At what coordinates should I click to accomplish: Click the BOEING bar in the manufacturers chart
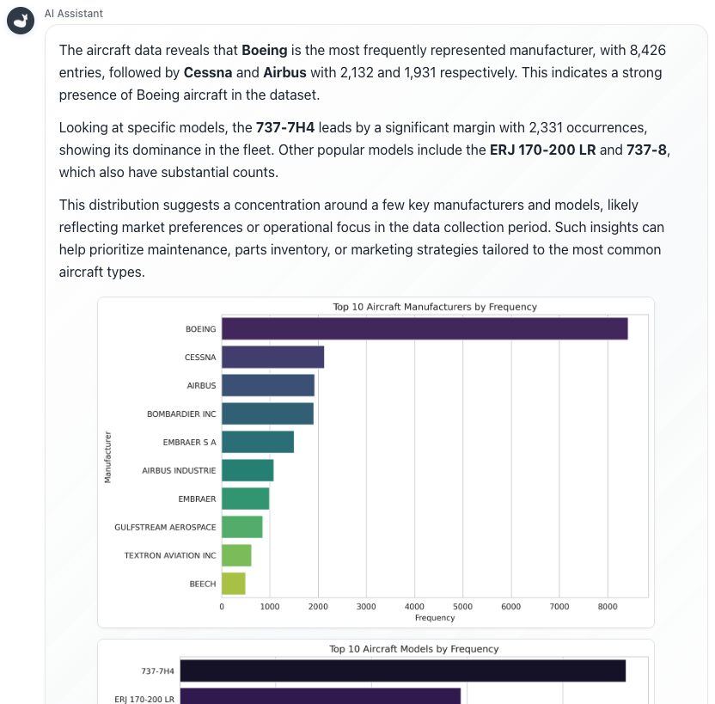(425, 329)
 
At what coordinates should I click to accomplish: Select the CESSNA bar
(272, 357)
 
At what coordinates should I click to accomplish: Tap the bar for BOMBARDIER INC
(267, 413)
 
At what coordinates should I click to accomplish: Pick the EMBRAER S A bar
(258, 442)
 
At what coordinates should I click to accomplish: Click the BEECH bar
(234, 584)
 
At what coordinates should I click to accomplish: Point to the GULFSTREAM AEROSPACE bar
(242, 527)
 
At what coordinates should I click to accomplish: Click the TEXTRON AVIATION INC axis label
(170, 555)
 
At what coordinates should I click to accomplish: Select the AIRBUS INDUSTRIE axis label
(179, 471)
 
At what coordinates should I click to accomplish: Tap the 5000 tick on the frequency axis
(462, 607)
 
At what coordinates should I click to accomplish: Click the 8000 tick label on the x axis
(608, 607)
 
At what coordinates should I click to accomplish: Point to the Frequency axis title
(435, 618)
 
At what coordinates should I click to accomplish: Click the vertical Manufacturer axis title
(108, 456)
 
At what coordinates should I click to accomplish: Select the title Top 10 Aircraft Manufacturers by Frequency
(435, 307)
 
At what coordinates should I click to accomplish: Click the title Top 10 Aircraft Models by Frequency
(414, 649)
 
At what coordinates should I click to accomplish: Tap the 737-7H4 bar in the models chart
(402, 670)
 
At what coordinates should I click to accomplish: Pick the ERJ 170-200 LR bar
(320, 695)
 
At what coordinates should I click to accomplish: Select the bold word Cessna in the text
(208, 72)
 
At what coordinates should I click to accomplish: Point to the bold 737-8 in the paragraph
(650, 150)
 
